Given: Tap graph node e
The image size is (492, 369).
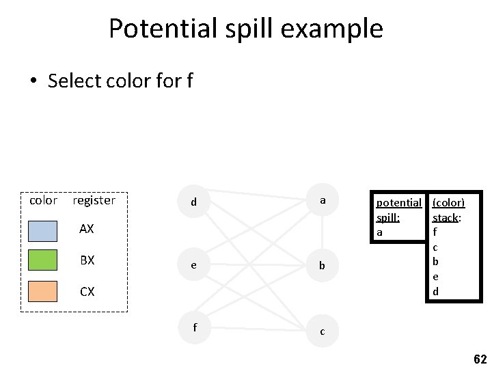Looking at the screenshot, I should click(x=195, y=264).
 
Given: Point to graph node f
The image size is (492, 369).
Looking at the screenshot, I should click(x=195, y=327).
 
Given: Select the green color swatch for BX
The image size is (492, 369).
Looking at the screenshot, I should click(x=42, y=260).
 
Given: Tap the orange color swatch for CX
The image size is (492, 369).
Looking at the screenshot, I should click(x=42, y=291).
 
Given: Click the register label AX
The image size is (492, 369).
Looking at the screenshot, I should click(x=87, y=230).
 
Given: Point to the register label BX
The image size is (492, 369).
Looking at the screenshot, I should click(x=87, y=260).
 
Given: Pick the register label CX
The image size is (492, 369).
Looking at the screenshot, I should click(x=87, y=292).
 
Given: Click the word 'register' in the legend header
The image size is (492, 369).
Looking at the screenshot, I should click(x=94, y=200).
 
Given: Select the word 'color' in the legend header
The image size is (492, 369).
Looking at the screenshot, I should click(x=43, y=200).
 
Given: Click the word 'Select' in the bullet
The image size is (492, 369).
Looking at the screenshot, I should click(x=75, y=81).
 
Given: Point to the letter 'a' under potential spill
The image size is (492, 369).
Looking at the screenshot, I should click(x=379, y=232).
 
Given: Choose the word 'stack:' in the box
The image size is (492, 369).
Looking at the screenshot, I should click(x=447, y=218).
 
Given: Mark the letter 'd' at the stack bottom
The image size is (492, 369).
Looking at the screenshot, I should click(x=435, y=292).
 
